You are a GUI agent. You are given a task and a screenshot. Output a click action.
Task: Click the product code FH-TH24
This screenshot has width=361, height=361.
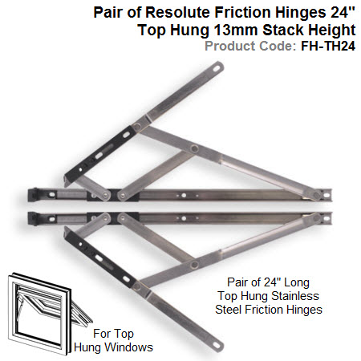pos(328,46)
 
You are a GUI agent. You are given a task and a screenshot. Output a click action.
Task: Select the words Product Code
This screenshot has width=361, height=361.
pos(250,46)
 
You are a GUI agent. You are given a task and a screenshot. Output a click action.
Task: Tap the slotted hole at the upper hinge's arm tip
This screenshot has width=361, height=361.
pos(216,68)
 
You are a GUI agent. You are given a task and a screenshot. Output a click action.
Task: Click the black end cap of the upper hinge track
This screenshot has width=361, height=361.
pos(33,195)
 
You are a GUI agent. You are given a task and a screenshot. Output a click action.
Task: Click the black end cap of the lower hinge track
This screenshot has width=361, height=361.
pos(33,218)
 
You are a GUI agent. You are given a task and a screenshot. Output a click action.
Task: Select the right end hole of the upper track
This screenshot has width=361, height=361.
pos(327,195)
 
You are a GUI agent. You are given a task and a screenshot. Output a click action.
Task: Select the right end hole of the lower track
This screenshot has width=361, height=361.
pos(327,218)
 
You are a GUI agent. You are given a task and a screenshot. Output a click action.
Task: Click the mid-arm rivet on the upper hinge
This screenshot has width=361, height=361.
pos(194,148)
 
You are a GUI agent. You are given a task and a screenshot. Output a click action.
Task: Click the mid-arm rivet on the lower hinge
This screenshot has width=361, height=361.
pos(194,265)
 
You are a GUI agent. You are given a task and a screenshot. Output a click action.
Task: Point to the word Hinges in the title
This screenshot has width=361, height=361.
pos(301,13)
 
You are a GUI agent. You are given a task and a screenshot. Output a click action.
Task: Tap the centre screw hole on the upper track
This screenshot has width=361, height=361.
pos(184,196)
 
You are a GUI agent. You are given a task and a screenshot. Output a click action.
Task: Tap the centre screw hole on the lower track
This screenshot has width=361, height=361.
pos(184,218)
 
